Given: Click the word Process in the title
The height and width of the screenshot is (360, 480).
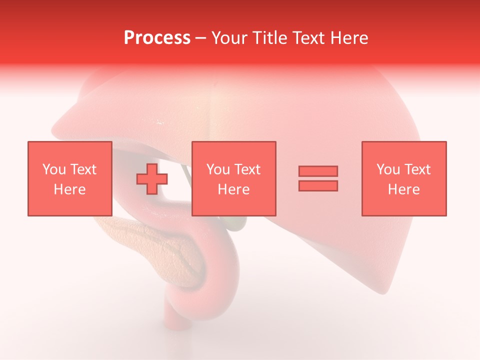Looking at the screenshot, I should [157, 38].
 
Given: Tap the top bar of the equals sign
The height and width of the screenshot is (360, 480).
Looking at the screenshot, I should [318, 171].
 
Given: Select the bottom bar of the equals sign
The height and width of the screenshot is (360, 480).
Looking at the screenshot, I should [318, 185].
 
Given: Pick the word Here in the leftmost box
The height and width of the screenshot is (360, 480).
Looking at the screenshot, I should [69, 189].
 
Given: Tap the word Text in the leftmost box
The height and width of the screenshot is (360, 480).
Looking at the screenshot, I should [83, 169].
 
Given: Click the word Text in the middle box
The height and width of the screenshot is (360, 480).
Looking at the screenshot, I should [247, 169].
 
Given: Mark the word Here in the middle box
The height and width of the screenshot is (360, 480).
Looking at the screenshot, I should [233, 189].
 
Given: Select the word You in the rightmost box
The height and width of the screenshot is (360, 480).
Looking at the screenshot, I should [388, 169].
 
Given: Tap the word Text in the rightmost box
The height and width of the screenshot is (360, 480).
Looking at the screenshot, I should [417, 169].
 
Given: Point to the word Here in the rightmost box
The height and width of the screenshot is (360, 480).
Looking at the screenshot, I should [403, 189].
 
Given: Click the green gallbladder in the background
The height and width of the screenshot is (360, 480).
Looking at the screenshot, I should [236, 223].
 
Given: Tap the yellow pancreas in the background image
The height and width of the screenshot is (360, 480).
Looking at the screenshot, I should [150, 245].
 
